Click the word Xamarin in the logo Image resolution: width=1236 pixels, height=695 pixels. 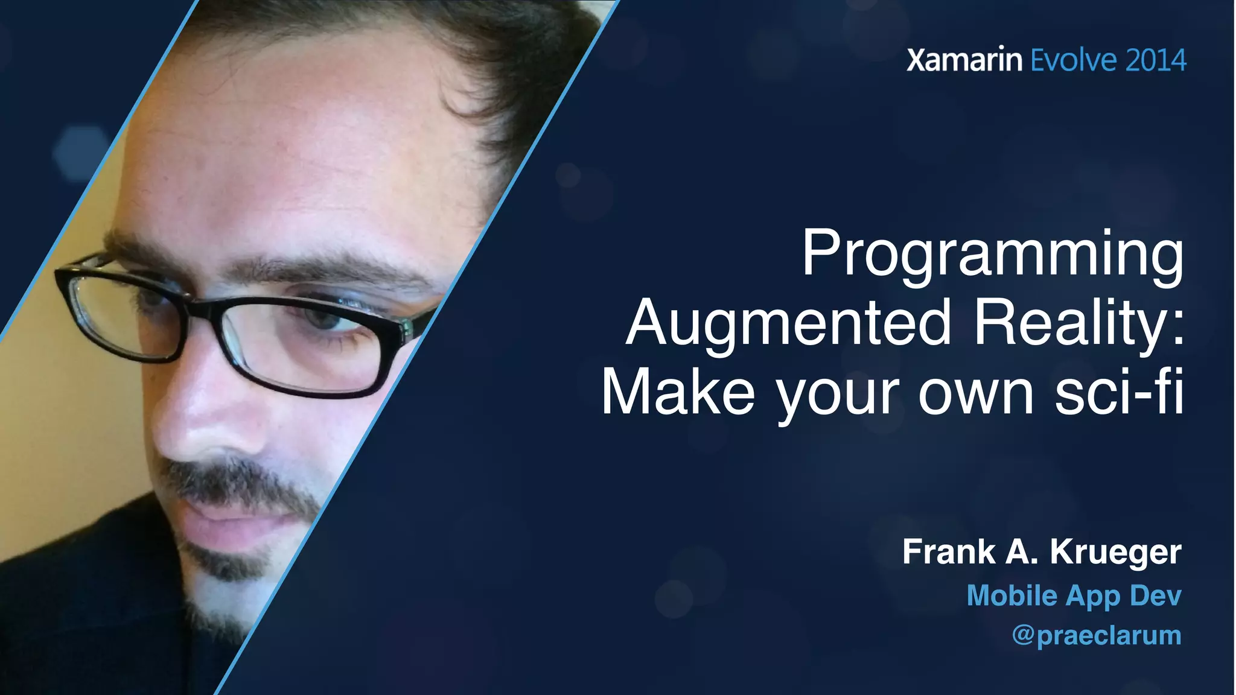coord(964,60)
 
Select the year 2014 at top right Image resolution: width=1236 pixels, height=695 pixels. coord(1156,60)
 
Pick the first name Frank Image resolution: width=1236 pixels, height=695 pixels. coord(949,552)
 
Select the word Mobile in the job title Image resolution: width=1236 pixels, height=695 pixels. coord(1012,596)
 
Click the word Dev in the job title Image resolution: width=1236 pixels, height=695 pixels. coord(1155,596)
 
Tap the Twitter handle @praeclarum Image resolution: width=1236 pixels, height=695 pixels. coord(1096,636)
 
